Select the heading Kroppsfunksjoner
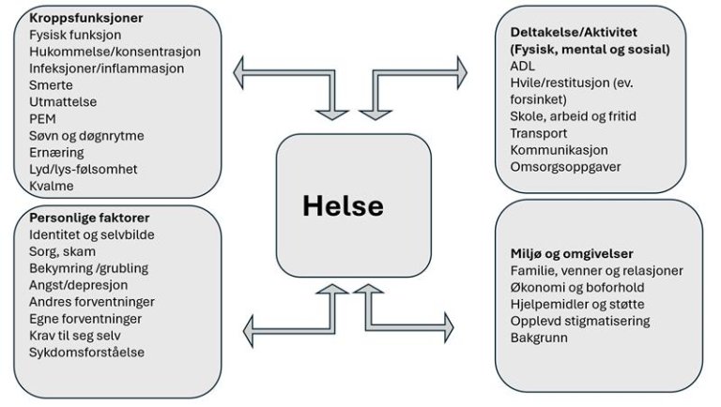[x=80, y=18]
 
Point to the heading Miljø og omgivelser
[x=572, y=253]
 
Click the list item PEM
[x=42, y=118]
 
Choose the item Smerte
[x=51, y=84]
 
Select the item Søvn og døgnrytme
[x=86, y=135]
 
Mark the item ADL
[x=523, y=66]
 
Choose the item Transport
[x=540, y=133]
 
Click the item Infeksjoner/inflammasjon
[x=106, y=68]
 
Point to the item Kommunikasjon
[x=560, y=150]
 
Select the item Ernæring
[x=56, y=152]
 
